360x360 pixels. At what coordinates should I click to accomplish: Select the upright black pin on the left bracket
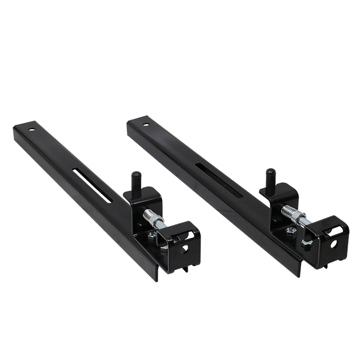[137, 183]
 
